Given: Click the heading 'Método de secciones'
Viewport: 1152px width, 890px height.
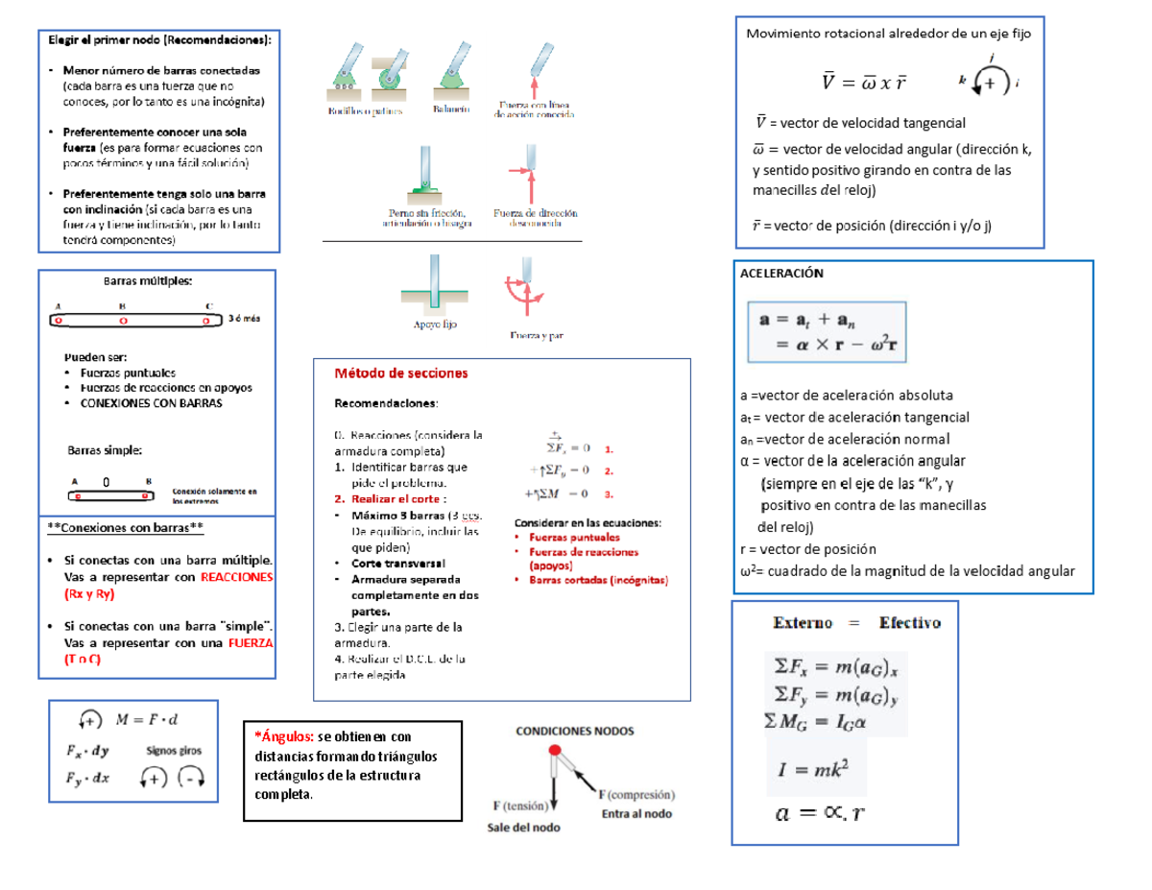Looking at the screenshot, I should (400, 373).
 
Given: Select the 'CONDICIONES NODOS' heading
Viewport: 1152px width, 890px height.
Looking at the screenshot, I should (576, 730).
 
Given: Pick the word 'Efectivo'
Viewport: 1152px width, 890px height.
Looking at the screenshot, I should (910, 622).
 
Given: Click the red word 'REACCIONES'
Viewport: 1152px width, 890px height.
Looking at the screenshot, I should (237, 577).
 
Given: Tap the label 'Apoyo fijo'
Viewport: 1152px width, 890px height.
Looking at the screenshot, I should (435, 325).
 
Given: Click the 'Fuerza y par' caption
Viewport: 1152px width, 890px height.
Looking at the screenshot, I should (536, 336).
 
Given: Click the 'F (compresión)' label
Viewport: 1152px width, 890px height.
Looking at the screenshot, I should (637, 795).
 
